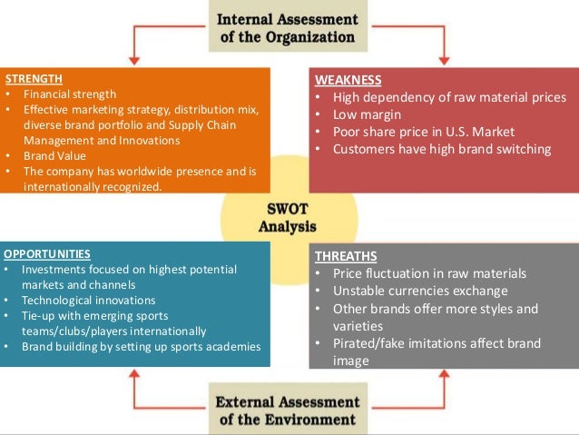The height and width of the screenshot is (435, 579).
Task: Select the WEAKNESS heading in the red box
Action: (x=348, y=81)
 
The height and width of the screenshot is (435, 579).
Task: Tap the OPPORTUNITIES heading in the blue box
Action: (x=46, y=253)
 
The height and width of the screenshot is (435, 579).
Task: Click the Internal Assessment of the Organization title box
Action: (x=288, y=27)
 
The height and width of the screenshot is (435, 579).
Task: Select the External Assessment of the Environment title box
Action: (x=288, y=410)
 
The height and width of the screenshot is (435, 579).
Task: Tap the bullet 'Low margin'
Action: (x=370, y=114)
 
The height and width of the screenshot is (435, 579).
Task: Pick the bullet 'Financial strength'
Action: (x=70, y=94)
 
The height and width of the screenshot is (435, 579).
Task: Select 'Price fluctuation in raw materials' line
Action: (x=429, y=273)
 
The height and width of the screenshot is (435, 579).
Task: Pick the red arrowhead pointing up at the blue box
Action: (x=135, y=376)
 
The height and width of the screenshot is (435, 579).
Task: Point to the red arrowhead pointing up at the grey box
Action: (x=444, y=376)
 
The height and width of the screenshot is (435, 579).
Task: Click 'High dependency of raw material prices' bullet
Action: (x=449, y=97)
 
